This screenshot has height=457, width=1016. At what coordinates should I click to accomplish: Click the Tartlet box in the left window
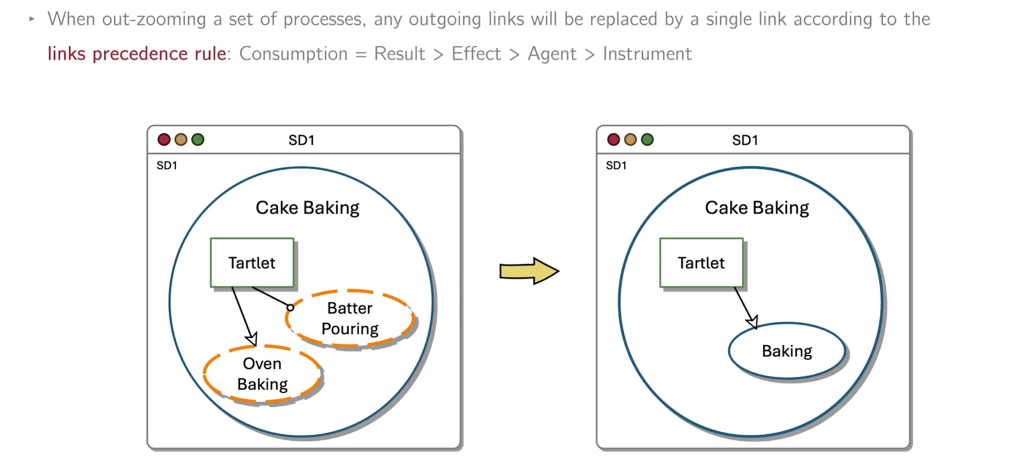click(x=252, y=263)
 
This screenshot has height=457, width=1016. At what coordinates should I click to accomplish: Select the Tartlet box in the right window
click(x=701, y=263)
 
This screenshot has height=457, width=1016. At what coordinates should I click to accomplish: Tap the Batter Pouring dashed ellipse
click(x=350, y=319)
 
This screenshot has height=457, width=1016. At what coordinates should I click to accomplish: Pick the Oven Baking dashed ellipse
click(x=262, y=374)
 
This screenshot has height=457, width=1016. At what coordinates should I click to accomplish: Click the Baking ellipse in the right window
click(x=787, y=351)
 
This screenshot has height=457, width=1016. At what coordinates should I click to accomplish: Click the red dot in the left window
click(x=164, y=139)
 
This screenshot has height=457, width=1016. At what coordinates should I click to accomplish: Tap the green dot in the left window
click(x=198, y=139)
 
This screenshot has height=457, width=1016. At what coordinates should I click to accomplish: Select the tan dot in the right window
click(x=630, y=139)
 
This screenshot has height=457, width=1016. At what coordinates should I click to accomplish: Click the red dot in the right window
click(x=613, y=139)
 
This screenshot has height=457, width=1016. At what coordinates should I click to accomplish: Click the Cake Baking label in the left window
click(x=307, y=208)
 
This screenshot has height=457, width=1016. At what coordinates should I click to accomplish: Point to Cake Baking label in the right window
click(x=757, y=208)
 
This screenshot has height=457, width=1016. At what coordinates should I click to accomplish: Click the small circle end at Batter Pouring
click(x=290, y=307)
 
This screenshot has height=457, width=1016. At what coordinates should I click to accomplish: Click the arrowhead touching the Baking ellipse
click(x=752, y=322)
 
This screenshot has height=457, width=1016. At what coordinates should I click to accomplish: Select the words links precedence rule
click(x=137, y=54)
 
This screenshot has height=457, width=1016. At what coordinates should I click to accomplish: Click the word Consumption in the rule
click(x=293, y=54)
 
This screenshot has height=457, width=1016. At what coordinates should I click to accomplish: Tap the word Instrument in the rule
click(x=647, y=54)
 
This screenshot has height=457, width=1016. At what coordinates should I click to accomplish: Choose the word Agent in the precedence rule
click(x=552, y=54)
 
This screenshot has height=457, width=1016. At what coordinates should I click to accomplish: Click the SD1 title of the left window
click(x=301, y=140)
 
